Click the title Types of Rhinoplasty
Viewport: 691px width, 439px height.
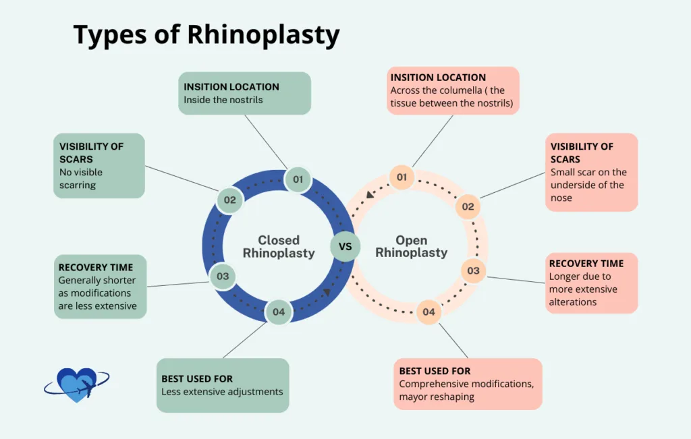pyautogui.click(x=206, y=35)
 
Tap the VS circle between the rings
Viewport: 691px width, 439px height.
pyautogui.click(x=345, y=246)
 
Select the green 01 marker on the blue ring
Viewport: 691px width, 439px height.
pyautogui.click(x=298, y=179)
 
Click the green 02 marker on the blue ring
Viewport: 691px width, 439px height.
pyautogui.click(x=229, y=200)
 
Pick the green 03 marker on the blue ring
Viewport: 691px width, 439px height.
pyautogui.click(x=223, y=276)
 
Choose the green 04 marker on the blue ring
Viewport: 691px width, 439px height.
pyautogui.click(x=279, y=312)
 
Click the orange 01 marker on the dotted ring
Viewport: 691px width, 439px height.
pyautogui.click(x=402, y=177)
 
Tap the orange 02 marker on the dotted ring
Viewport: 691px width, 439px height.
pyautogui.click(x=468, y=207)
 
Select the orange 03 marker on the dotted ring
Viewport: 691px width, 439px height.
pyautogui.click(x=473, y=271)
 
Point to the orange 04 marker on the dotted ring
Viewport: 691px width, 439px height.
pyautogui.click(x=429, y=312)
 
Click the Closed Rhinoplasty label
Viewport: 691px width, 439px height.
pyautogui.click(x=279, y=247)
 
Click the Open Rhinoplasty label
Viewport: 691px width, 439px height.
pyautogui.click(x=411, y=247)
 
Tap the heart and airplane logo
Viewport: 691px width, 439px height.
pyautogui.click(x=76, y=385)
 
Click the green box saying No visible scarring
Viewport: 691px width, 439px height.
pyautogui.click(x=99, y=165)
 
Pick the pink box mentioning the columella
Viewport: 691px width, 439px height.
pyautogui.click(x=453, y=90)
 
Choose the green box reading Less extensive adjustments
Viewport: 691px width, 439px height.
pyautogui.click(x=223, y=385)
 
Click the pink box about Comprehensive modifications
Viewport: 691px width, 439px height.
pyautogui.click(x=468, y=384)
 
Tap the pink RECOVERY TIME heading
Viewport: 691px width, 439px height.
pyautogui.click(x=586, y=264)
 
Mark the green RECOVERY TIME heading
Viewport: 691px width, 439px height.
pyautogui.click(x=95, y=267)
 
